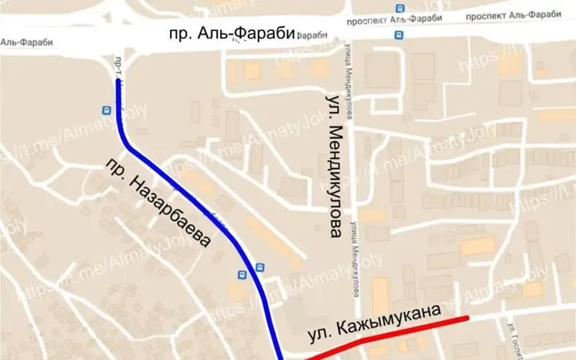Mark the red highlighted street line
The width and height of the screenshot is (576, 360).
pyautogui.click(x=389, y=334)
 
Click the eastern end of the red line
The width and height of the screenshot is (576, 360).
pyautogui.click(x=467, y=318)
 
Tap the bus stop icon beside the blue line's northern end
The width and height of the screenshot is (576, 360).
pyautogui.click(x=106, y=110)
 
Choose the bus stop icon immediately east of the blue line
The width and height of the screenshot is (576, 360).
pyautogui.click(x=260, y=267)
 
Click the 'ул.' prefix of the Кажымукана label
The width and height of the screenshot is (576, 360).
pyautogui.click(x=318, y=335)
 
